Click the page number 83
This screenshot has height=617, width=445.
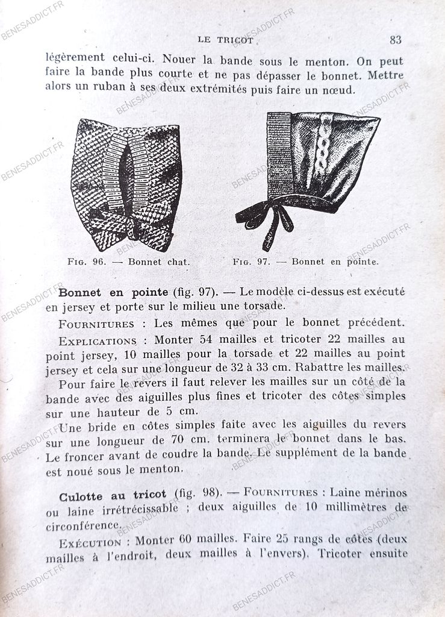point(395,40)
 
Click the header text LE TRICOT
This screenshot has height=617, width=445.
point(225,40)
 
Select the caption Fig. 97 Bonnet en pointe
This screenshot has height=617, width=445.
point(305,262)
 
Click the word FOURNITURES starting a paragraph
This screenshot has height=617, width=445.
point(97,324)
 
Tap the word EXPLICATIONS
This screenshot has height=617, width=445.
point(98,340)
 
